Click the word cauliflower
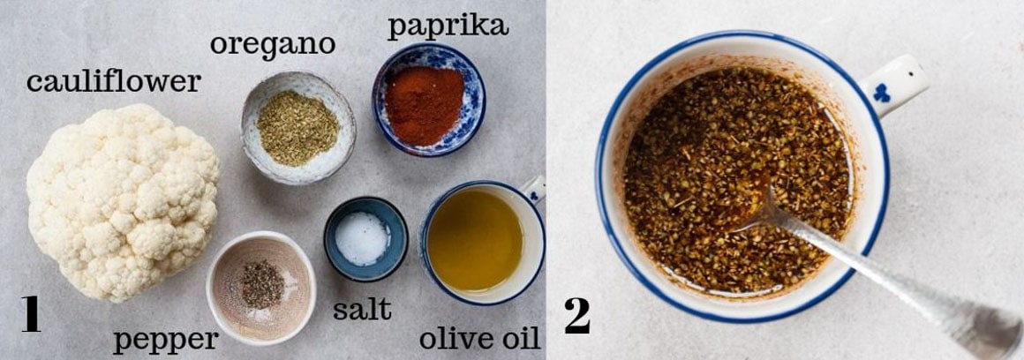113,83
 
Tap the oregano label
272,43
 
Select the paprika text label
448,26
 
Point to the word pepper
165,340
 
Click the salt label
362,310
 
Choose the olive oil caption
479,339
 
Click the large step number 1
30,315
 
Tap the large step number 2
576,316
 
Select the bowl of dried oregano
297,129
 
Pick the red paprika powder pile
425,103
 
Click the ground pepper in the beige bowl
262,284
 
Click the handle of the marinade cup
893,84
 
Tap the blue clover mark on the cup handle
881,92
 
